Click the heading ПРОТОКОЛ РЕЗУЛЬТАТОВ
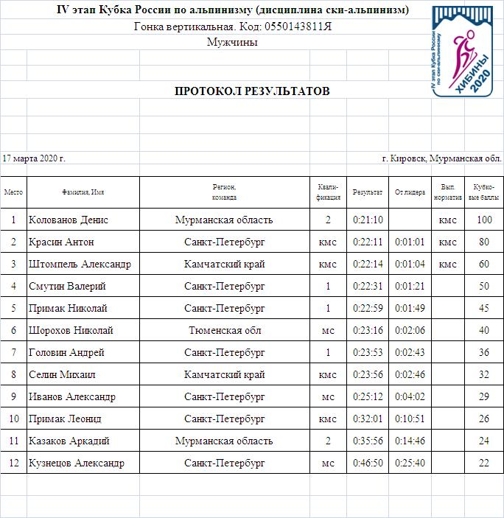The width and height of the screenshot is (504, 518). click(x=252, y=91)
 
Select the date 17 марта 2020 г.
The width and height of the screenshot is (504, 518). click(x=34, y=158)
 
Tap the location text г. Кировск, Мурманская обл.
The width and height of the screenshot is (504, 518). click(x=441, y=158)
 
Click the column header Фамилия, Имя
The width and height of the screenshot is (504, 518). click(x=83, y=192)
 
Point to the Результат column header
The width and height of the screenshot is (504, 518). click(x=367, y=192)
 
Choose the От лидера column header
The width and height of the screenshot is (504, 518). click(x=410, y=192)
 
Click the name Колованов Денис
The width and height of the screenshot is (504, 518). click(x=69, y=220)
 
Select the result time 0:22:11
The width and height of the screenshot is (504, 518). click(x=367, y=242)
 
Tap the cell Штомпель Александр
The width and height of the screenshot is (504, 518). click(x=80, y=264)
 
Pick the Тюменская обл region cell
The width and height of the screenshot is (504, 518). click(x=225, y=330)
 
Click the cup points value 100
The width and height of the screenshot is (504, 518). click(x=484, y=220)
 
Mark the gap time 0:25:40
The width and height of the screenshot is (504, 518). click(x=410, y=463)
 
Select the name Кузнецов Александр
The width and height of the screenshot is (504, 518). click(x=77, y=463)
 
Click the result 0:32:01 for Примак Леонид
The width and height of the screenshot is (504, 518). click(x=367, y=419)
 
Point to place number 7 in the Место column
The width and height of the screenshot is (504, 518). click(x=13, y=352)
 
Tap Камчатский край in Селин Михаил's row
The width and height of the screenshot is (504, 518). click(x=225, y=374)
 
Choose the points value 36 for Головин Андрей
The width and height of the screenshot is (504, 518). click(x=484, y=352)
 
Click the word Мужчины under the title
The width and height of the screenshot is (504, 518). click(x=234, y=42)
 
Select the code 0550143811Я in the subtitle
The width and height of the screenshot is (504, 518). click(x=293, y=27)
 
